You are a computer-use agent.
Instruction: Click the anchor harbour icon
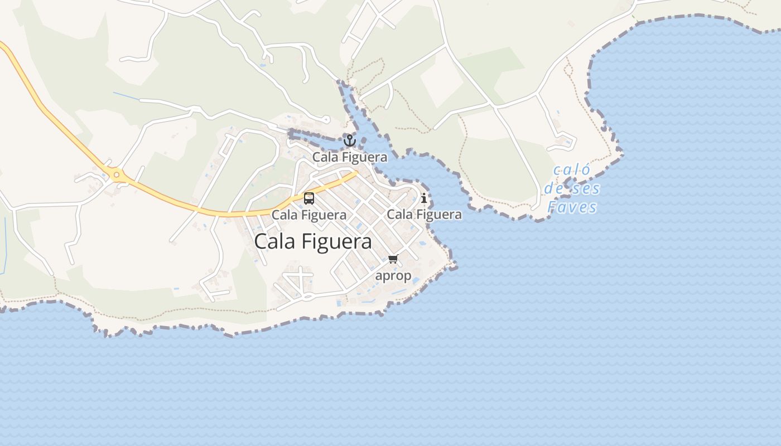click(350, 140)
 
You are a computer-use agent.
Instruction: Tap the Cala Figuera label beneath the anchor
click(350, 157)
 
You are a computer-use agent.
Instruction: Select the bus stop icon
click(309, 198)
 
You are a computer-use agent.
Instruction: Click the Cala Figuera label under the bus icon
click(309, 215)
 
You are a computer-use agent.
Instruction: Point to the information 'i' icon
click(424, 198)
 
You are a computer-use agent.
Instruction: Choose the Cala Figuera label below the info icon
click(424, 215)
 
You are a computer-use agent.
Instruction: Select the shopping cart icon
click(393, 259)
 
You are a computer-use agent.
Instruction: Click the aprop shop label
click(393, 275)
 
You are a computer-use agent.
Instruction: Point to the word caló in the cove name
click(571, 170)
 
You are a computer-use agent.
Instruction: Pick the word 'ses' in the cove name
click(586, 188)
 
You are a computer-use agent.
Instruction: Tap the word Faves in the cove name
click(572, 207)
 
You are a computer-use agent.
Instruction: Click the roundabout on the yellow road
click(117, 175)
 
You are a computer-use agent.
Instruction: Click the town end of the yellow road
click(355, 173)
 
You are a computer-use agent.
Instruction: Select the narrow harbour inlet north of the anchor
click(350, 103)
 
